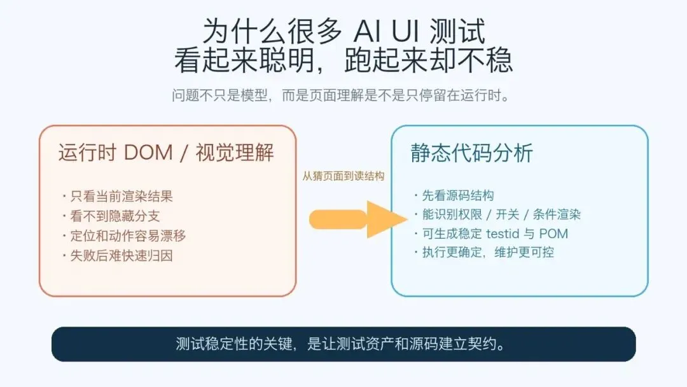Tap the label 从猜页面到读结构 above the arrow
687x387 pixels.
pyautogui.click(x=343, y=176)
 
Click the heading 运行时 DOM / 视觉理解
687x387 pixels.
pyautogui.click(x=167, y=153)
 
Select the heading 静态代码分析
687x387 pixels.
pyautogui.click(x=472, y=153)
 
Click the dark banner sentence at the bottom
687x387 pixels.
pyautogui.click(x=343, y=344)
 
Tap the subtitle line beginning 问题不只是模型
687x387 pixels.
pyautogui.click(x=343, y=95)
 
